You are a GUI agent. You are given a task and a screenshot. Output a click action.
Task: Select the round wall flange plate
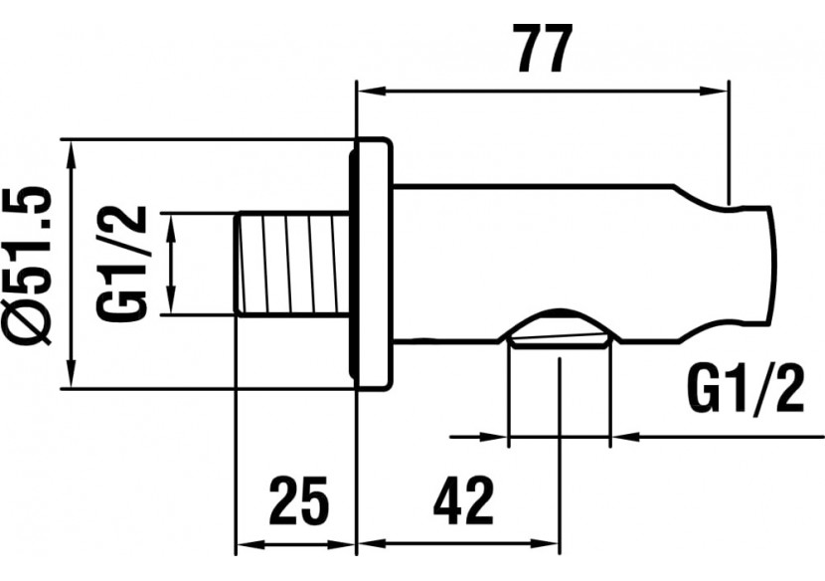374,264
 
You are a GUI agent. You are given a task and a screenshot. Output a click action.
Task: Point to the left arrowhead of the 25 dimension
247,545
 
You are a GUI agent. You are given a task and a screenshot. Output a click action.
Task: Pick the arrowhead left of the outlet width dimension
495,435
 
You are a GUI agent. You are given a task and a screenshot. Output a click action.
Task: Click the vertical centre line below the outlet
559,398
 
